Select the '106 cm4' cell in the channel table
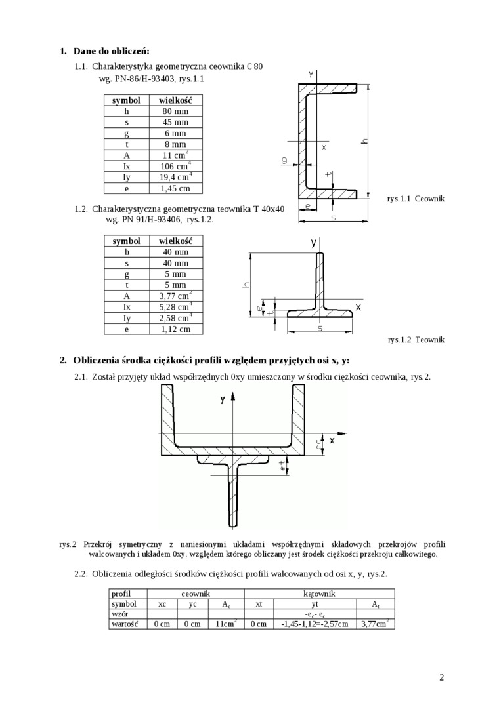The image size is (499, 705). [175, 167]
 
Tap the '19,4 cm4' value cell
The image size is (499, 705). [175, 178]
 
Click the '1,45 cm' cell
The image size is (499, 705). [175, 189]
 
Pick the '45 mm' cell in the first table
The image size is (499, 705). [175, 123]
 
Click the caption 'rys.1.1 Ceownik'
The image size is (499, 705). [416, 198]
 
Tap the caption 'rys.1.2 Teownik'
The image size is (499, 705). [416, 340]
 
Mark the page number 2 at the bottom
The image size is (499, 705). [441, 677]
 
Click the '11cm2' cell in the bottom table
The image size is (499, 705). [227, 624]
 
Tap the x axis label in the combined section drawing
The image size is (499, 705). [332, 441]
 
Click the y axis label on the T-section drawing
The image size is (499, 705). [314, 243]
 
